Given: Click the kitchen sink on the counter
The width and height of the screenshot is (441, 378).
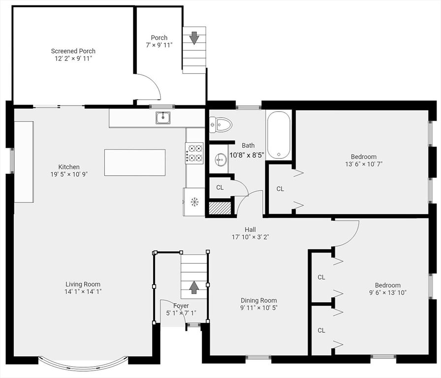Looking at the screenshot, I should coord(163,118).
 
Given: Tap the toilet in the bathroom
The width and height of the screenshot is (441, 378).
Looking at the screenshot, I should coord(220,125).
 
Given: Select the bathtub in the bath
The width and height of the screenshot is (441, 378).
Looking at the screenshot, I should coord(279,135).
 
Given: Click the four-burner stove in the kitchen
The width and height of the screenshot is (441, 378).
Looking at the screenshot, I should coord(194,153).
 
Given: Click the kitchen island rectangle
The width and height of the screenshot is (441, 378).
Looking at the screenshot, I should coord(135,162).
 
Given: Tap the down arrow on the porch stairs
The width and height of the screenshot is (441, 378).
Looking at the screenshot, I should coord(194,37).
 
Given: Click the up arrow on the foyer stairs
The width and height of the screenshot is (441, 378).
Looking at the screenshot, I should coord(194,287).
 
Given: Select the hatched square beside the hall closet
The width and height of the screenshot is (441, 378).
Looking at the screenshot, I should coord(220,208).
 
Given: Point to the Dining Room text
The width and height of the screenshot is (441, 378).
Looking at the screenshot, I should coord(258,301).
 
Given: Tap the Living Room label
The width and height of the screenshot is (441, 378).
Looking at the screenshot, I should coord(83,284).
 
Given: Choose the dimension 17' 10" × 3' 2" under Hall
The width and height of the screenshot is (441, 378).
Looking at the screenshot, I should coord(250,237).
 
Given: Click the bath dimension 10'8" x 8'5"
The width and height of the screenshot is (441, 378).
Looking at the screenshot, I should coord(247,155).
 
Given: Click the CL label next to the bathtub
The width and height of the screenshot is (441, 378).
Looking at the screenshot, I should coord(280,189).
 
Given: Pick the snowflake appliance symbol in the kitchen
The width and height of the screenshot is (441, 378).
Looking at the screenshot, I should coord(194,201).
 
